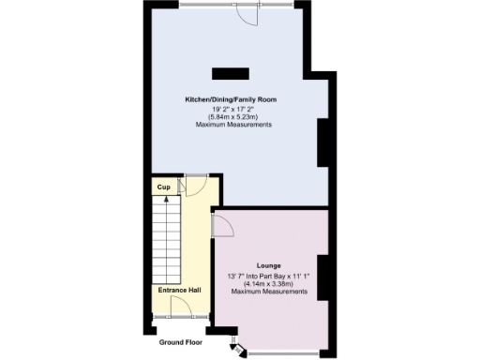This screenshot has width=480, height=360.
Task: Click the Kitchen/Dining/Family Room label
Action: point(230,99)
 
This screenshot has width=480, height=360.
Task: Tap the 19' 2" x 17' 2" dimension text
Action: point(230,108)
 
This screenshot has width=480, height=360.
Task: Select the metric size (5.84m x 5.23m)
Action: point(230,116)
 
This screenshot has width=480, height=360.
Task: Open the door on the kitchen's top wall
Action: point(247,14)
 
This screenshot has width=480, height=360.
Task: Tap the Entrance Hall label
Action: point(179,291)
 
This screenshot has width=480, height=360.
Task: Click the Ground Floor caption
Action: point(180,343)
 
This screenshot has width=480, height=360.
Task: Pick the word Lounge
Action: point(269,266)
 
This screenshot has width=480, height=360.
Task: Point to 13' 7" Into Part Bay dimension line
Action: point(269,276)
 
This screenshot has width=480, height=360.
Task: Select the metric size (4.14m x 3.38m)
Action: point(269,284)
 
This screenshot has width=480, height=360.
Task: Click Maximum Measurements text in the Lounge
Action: point(269,292)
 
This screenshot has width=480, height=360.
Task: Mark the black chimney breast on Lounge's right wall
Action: point(322,277)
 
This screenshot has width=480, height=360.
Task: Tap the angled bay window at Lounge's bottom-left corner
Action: point(238,348)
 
